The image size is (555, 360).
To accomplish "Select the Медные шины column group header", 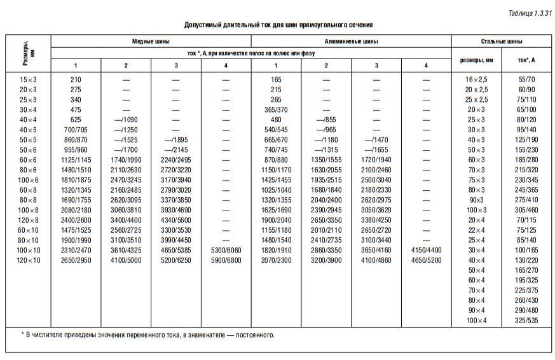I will (x=151, y=41).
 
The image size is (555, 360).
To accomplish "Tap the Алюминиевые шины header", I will (x=352, y=41).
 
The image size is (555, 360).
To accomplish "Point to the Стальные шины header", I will (x=503, y=41).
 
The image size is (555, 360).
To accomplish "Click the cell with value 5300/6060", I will (x=226, y=251).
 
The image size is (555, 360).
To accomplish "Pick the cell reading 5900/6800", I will (x=226, y=260).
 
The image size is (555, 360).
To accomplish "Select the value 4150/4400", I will (x=426, y=251).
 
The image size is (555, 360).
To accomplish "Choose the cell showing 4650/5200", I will (x=426, y=260).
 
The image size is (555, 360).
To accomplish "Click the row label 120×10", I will (x=28, y=260).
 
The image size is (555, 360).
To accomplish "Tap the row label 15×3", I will (x=28, y=80).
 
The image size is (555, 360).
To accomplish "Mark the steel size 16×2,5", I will (x=476, y=80).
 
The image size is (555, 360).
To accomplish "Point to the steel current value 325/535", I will (x=527, y=320).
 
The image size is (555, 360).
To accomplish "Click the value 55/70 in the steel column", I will (x=527, y=80).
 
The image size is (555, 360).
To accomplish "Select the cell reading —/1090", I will (x=126, y=120).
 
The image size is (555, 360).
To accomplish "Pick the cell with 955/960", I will (x=76, y=150).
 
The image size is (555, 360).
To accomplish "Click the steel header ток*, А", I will (x=527, y=60).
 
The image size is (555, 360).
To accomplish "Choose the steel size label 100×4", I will (x=476, y=320).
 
